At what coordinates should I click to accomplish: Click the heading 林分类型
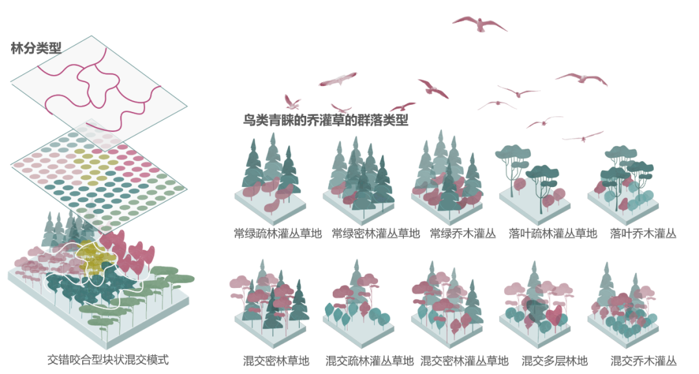pyautogui.click(x=36, y=48)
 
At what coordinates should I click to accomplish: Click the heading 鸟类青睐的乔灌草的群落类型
pyautogui.click(x=326, y=120)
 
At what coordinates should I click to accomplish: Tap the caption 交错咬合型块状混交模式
pyautogui.click(x=108, y=359)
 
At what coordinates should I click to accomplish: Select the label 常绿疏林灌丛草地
pyautogui.click(x=278, y=233)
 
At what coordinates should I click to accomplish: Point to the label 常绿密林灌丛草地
pyautogui.click(x=376, y=233)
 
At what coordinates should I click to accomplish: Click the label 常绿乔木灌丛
pyautogui.click(x=463, y=233)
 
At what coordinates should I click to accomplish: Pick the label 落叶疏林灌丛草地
pyautogui.click(x=553, y=233)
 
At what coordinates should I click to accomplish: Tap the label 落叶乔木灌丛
pyautogui.click(x=643, y=233)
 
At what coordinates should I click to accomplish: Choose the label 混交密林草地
pyautogui.click(x=276, y=360)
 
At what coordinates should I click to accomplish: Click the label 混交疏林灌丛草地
pyautogui.click(x=370, y=360)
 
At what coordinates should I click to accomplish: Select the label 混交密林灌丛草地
pyautogui.click(x=464, y=360)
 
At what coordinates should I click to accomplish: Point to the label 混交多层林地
pyautogui.click(x=555, y=360)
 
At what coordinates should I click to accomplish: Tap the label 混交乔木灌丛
pyautogui.click(x=643, y=360)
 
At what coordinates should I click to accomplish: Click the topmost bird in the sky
pyautogui.click(x=480, y=24)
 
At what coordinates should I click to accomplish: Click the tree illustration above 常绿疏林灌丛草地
pyautogui.click(x=271, y=179)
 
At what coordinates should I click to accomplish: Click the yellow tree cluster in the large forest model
pyautogui.click(x=95, y=258)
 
